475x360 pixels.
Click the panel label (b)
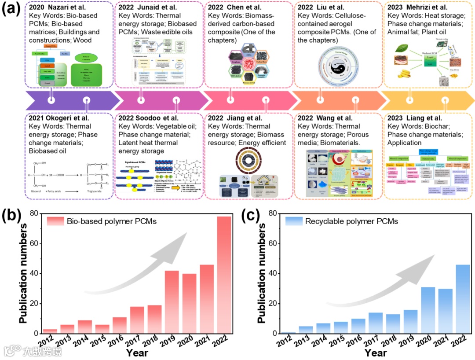pos(13,217)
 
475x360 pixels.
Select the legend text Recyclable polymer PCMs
pos(351,221)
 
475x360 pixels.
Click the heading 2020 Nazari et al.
pos(56,7)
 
